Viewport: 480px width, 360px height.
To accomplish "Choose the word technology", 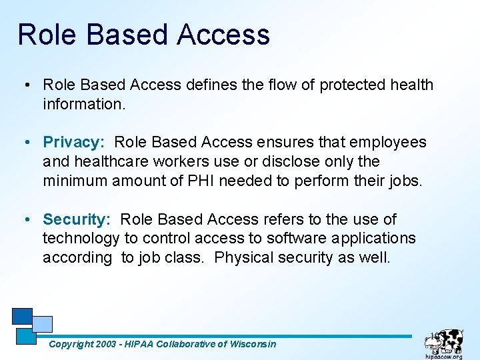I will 81,239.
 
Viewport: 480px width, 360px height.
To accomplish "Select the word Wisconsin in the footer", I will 252,344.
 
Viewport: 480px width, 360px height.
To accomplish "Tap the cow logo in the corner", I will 444,340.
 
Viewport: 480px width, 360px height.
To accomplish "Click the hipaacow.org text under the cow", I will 443,356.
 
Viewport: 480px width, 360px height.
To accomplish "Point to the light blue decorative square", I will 42,324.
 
